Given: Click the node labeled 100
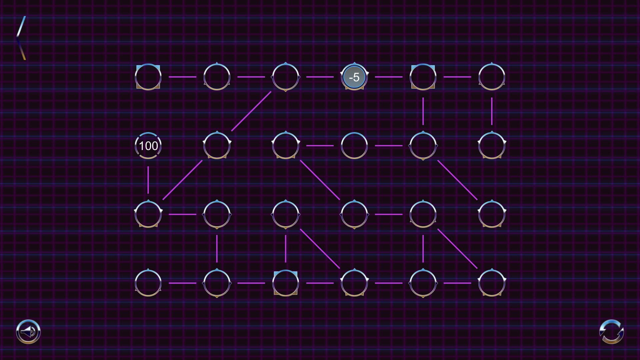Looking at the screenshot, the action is point(148,146).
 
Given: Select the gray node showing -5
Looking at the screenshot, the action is point(354,77).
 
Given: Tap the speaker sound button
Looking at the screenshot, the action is point(28,332).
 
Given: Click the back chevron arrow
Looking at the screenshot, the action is point(21,38).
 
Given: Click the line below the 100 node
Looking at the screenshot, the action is point(148,180).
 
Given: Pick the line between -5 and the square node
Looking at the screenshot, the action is point(389,77).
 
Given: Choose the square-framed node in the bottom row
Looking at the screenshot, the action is point(285,283).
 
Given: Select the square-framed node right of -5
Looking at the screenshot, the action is point(423,77).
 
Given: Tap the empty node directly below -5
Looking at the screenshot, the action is point(354,146).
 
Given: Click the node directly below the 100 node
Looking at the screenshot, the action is point(148,214).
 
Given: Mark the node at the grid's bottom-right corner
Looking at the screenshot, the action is point(492,283).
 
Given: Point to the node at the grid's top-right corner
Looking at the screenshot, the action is point(492,77).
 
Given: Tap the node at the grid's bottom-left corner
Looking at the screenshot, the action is point(148,283).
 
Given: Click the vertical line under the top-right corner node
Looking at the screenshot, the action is point(492,111).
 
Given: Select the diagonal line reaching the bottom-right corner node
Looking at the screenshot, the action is point(457,249).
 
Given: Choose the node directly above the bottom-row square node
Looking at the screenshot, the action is point(285,214).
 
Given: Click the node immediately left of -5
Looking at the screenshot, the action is point(285,77).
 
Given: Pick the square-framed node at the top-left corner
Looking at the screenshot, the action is point(148,77).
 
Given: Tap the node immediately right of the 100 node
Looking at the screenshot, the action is point(217,146).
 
